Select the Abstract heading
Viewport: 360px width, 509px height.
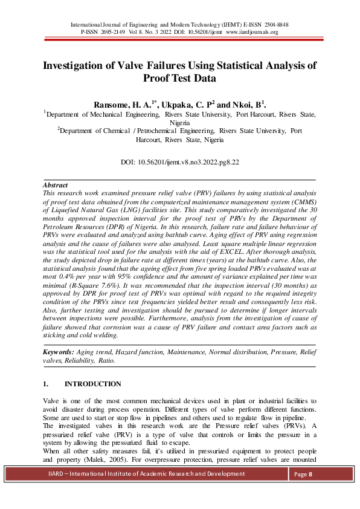tap(55, 185)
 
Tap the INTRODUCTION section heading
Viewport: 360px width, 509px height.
tap(92, 384)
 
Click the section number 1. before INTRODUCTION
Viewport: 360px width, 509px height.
tap(46, 384)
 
